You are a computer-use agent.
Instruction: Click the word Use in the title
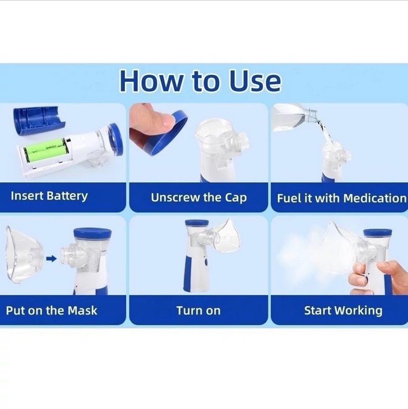pos(255,80)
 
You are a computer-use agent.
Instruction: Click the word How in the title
pos(151,80)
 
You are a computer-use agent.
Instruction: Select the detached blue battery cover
pos(39,122)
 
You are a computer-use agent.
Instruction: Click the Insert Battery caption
pos(49,196)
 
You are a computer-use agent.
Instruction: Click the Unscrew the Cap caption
pos(198,197)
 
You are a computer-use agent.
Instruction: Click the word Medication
pos(375,198)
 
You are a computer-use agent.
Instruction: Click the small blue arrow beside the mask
pos(52,259)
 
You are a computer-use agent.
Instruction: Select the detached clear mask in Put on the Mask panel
pos(24,254)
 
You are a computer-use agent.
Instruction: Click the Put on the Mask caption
pos(52,310)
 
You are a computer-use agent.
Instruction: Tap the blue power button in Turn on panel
pos(206,262)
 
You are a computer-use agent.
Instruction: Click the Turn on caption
pos(198,311)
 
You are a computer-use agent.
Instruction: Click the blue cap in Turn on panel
pos(197,223)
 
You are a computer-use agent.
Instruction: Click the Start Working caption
pos(344,311)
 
